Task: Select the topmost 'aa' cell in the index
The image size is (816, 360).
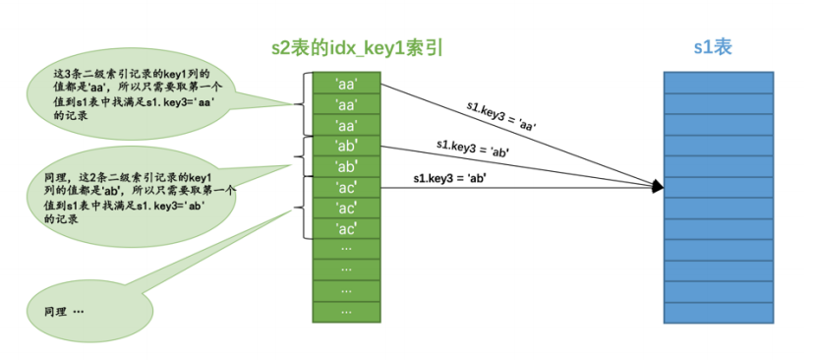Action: point(345,83)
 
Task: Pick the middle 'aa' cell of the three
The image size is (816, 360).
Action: point(345,104)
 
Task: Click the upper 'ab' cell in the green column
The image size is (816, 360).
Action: point(345,146)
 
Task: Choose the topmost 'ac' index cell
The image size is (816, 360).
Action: point(345,187)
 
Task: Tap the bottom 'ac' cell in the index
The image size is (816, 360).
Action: point(345,228)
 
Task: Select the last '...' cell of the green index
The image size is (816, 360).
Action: point(345,311)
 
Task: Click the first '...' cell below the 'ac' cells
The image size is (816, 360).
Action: point(345,249)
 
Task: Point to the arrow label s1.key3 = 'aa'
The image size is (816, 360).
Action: point(500,113)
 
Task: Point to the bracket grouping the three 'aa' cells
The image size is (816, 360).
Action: point(302,103)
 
